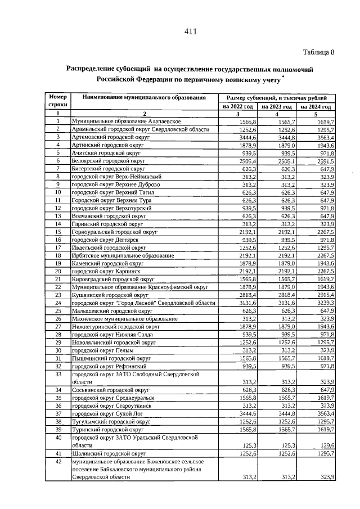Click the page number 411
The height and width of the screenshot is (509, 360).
[190, 31]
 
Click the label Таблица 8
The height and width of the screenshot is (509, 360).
[318, 52]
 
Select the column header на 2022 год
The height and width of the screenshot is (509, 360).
[237, 106]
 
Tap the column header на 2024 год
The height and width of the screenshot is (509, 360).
[316, 106]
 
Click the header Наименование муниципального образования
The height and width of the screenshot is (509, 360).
[144, 98]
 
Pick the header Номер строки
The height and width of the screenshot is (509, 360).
[57, 101]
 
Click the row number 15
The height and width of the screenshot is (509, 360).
[57, 231]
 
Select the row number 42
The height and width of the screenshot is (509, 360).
[57, 461]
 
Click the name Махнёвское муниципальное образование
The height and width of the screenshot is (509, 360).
[124, 318]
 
